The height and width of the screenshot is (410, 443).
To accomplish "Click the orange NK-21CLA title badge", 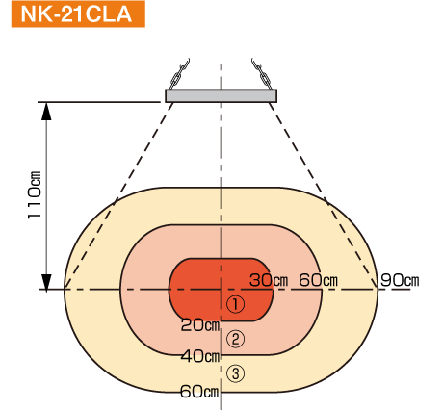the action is pos(78,14).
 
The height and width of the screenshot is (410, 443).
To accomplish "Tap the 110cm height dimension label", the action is pos(35,195).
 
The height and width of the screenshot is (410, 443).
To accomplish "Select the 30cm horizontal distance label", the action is pos(269,280).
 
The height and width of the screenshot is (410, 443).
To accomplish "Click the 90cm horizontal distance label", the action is pos(400,280).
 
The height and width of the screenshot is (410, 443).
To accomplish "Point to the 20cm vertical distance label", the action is pos(200,325).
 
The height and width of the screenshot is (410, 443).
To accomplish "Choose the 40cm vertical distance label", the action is pos(200,356).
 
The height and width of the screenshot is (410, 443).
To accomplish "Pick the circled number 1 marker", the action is pos(236,304).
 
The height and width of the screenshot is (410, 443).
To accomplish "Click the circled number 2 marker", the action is pos(236,339).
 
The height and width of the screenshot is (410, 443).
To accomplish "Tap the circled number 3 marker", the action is pos(236,373).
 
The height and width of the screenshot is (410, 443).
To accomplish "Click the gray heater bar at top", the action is pos(221,96).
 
